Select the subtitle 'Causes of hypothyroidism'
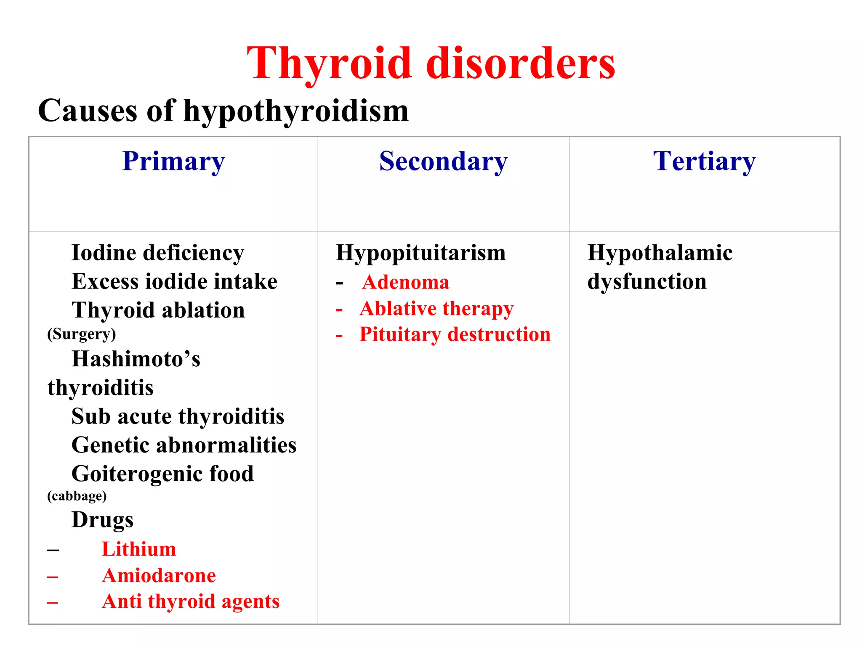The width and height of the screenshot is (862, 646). (x=223, y=111)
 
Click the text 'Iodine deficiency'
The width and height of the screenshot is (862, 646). (x=158, y=253)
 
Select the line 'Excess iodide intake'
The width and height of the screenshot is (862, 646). (x=174, y=281)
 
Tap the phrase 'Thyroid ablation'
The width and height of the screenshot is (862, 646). (x=158, y=310)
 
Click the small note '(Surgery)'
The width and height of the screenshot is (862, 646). (x=82, y=334)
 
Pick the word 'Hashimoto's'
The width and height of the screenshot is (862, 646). (x=136, y=359)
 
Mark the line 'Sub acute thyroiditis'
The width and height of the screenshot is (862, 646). (x=178, y=416)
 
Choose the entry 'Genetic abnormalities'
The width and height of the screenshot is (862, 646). (x=184, y=445)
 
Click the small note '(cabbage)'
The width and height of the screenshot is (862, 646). (x=77, y=496)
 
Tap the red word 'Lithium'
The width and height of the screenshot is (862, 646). (x=139, y=549)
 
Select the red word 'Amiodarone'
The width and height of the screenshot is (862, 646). (x=159, y=575)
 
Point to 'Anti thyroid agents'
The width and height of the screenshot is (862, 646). (x=191, y=601)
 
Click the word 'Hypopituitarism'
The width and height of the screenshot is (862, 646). (x=420, y=253)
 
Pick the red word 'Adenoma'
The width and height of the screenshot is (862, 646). (x=406, y=282)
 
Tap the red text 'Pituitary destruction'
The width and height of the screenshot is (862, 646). (x=455, y=335)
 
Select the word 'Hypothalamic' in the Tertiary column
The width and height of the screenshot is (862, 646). (x=660, y=253)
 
